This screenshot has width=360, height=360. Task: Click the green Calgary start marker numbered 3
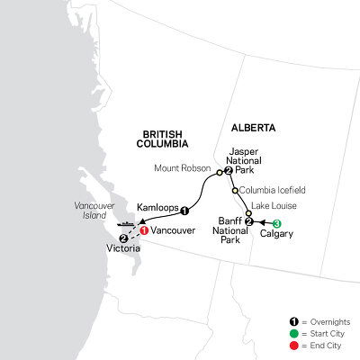pyautogui.click(x=277, y=223)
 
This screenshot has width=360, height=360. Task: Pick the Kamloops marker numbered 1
pyautogui.click(x=184, y=211)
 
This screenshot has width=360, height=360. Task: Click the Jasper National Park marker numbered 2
pyautogui.click(x=229, y=170)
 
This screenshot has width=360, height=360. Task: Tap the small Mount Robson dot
pyautogui.click(x=218, y=168)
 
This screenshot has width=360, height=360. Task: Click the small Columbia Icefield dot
pyautogui.click(x=235, y=191)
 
